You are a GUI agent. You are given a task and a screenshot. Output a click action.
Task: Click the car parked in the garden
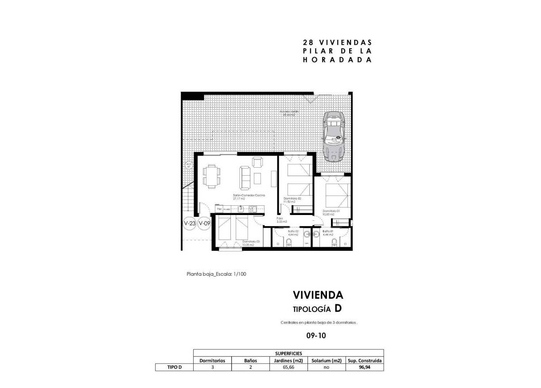pyautogui.click(x=334, y=136)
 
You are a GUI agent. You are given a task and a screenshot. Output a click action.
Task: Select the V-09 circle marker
pyautogui.click(x=204, y=223)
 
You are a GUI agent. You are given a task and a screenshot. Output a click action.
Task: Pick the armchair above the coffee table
pyautogui.click(x=257, y=162)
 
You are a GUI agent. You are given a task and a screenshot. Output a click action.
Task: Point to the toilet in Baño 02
pyautogui.click(x=288, y=242)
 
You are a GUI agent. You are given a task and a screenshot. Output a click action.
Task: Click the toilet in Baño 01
pyautogui.click(x=334, y=242)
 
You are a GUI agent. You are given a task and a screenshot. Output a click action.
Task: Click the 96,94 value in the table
pyautogui.click(x=366, y=367)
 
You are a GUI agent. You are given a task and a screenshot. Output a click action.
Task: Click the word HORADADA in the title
pyautogui.click(x=337, y=60)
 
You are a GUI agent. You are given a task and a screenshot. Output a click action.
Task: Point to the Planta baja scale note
pyautogui.click(x=216, y=274)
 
